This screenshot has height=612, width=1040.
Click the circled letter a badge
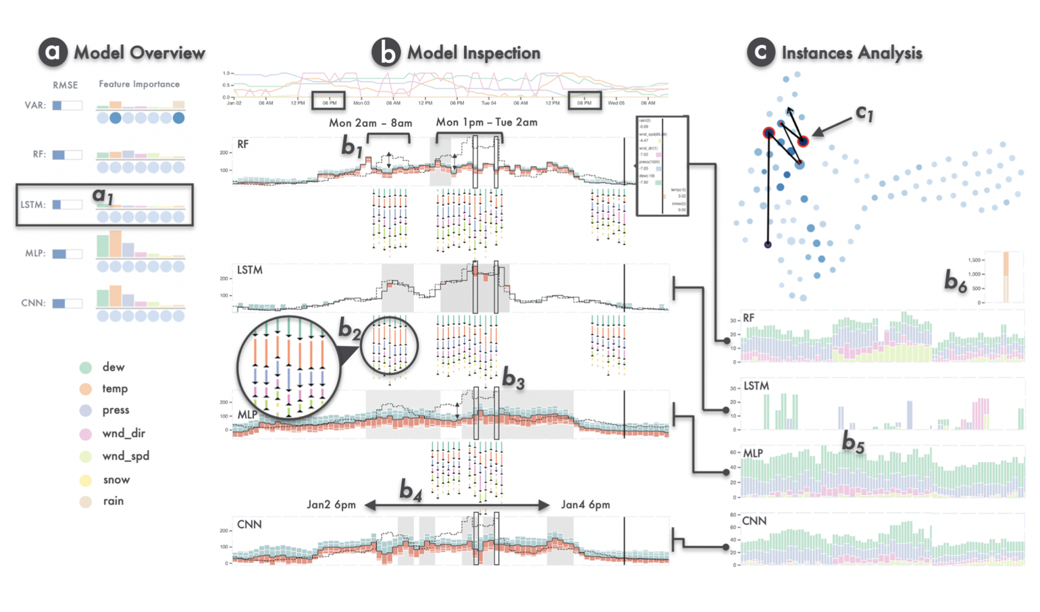tap(53, 53)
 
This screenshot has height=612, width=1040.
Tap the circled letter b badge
tap(386, 53)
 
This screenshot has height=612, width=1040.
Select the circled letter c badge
tap(760, 53)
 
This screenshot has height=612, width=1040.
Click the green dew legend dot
tap(86, 367)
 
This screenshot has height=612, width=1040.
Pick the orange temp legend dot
tap(86, 389)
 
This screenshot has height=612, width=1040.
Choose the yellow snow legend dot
tap(86, 480)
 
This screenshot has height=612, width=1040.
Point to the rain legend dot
tap(86, 501)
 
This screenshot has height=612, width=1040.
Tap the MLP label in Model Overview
tap(35, 253)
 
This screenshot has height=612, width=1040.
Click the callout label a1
tap(103, 196)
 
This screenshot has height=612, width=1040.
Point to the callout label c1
tap(864, 113)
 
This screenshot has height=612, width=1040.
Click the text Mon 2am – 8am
tap(370, 123)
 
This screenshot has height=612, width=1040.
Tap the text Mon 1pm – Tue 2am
tap(486, 122)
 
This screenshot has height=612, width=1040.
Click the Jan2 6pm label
tap(331, 505)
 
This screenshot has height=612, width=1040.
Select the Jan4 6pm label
tap(585, 505)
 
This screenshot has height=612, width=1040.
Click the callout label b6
tap(955, 282)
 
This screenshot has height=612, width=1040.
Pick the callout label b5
tap(853, 443)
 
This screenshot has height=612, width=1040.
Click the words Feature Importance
tap(139, 84)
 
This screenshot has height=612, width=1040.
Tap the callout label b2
tap(349, 330)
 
